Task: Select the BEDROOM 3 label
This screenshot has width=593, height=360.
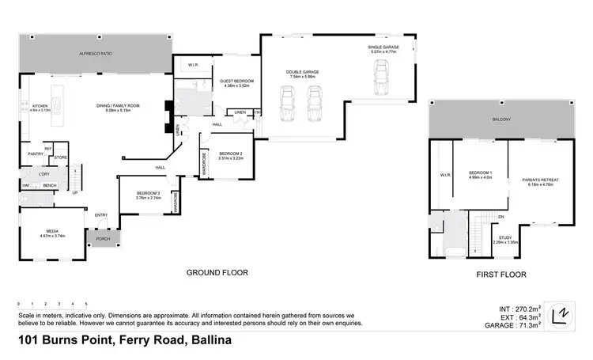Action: click(148, 195)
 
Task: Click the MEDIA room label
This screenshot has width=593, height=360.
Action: click(52, 233)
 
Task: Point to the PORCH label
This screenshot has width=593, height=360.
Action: click(103, 238)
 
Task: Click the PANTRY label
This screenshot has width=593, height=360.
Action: click(35, 154)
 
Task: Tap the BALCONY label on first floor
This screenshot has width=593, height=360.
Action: click(500, 119)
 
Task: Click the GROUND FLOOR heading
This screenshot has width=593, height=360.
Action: click(217, 272)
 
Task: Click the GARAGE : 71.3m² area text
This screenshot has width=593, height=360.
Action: click(516, 324)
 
